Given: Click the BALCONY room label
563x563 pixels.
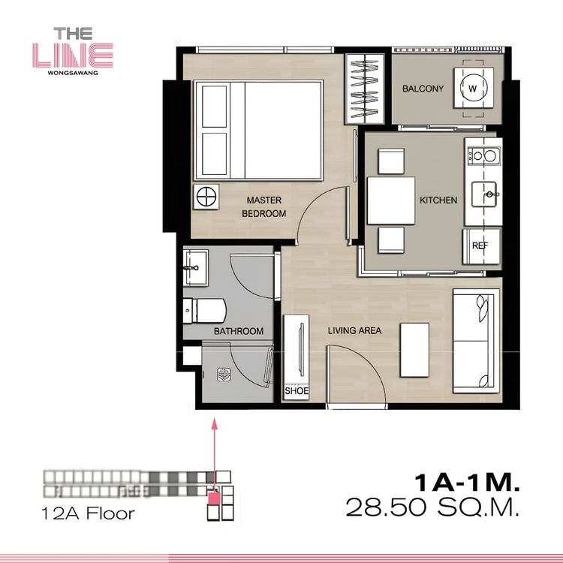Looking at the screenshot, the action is [423, 89].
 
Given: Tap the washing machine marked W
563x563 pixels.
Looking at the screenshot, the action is [473, 88].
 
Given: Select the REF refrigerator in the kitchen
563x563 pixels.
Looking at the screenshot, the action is [481, 246].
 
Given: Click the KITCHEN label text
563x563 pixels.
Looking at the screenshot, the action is [438, 200].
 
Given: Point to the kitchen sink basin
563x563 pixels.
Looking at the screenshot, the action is [484, 194].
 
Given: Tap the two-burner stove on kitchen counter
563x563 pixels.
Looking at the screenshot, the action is [484, 155].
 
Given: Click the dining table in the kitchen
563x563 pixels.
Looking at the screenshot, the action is [391, 200].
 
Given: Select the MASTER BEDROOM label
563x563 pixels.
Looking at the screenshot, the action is [264, 207].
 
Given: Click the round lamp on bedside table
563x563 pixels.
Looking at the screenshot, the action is [206, 197].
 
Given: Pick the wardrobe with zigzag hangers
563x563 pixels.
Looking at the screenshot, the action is [364, 89].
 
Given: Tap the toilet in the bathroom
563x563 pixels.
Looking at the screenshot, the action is [204, 310].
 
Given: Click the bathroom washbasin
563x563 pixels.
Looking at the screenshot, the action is [196, 268].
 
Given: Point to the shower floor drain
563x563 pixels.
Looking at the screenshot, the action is [224, 375].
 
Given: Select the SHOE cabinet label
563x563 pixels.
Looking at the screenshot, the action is [297, 390].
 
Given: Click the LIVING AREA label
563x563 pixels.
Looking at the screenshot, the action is [354, 331].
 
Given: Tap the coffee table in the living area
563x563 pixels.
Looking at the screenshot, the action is [414, 350].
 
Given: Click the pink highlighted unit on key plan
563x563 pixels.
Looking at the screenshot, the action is [215, 498].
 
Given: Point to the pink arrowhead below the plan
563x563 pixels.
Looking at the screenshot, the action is [215, 424].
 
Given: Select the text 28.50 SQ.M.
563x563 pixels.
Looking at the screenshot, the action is [432, 507].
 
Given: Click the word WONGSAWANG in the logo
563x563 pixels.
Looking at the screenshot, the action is [73, 73].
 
